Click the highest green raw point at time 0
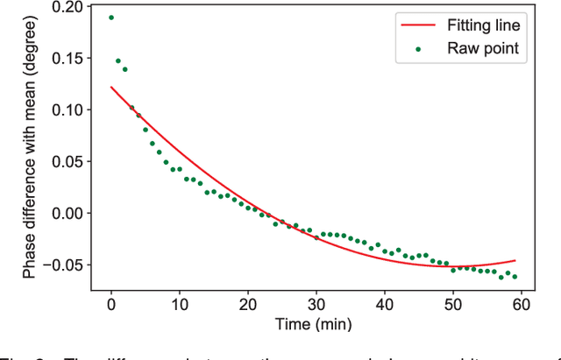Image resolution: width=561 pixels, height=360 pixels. (111, 18)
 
